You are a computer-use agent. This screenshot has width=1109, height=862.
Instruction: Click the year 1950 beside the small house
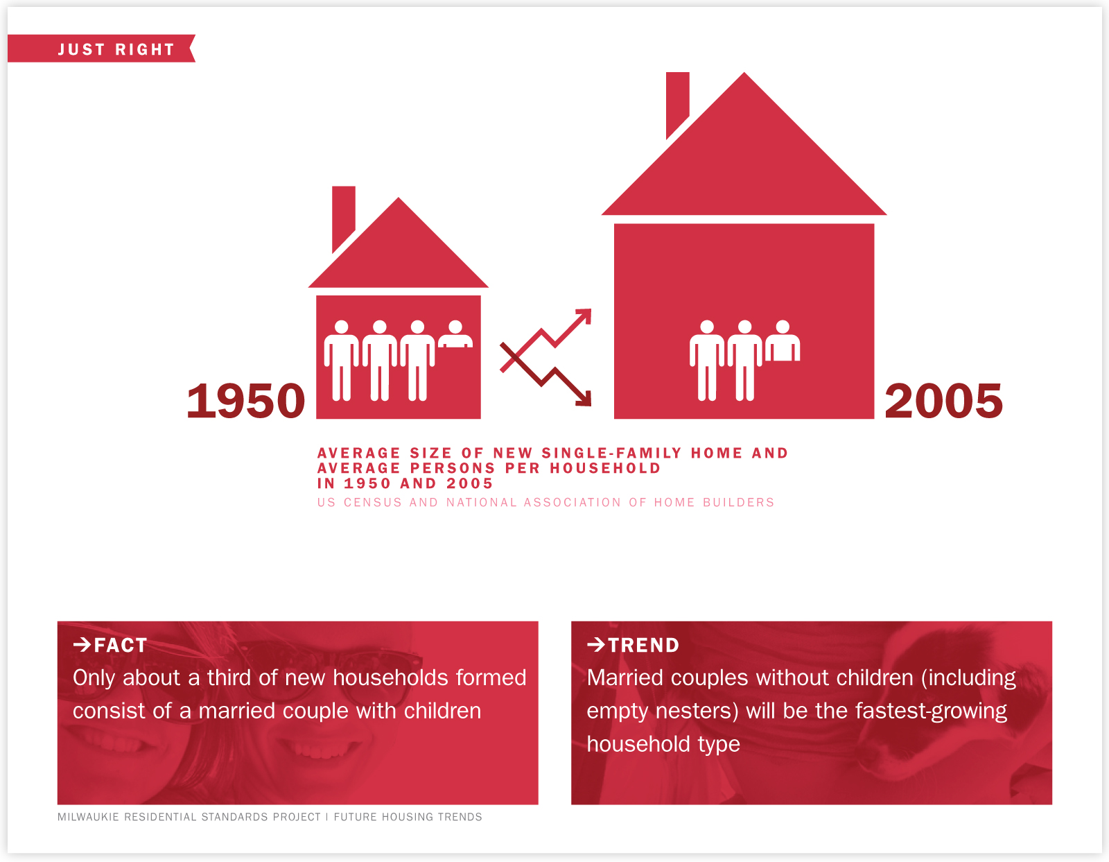tap(246, 401)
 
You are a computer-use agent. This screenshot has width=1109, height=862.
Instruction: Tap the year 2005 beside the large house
tap(943, 401)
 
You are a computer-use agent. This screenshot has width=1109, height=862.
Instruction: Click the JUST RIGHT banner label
tap(116, 49)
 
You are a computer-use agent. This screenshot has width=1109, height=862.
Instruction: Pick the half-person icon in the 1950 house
tap(455, 334)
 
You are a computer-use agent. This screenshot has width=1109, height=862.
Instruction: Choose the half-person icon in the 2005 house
tap(783, 341)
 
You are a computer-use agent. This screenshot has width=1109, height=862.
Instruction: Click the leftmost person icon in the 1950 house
tap(342, 361)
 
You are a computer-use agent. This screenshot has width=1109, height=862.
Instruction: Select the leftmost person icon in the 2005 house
tap(707, 361)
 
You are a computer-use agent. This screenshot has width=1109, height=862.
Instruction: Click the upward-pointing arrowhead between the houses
tap(583, 317)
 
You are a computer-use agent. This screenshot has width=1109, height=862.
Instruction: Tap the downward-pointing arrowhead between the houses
tap(583, 398)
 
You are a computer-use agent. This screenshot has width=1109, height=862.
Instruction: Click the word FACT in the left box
tap(121, 646)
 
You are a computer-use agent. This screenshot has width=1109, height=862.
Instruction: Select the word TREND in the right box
tap(643, 646)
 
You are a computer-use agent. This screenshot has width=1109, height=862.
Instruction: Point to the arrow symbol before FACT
tap(82, 645)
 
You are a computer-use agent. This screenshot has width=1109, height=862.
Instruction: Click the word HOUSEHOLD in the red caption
tap(605, 469)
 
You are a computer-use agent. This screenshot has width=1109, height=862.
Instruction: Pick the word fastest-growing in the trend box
tap(931, 712)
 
